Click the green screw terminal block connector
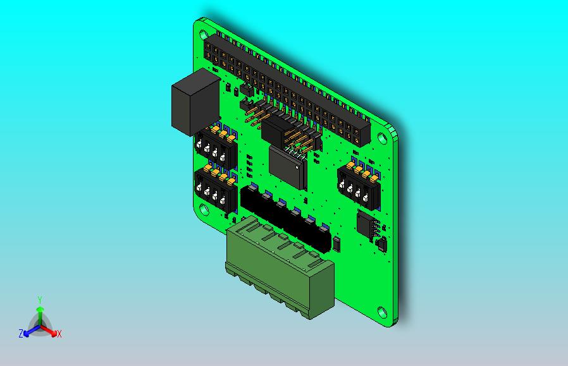[x=278, y=265]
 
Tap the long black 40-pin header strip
[x=285, y=92]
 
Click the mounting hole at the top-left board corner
[x=204, y=30]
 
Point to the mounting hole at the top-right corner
[x=384, y=138]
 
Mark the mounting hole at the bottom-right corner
[x=382, y=312]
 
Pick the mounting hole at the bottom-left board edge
[x=204, y=210]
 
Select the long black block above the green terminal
[x=285, y=218]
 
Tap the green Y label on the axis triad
[x=39, y=300]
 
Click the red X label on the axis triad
[x=59, y=334]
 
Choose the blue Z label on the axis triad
[x=20, y=334]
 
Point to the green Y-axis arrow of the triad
[x=39, y=313]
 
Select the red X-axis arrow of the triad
[x=51, y=331]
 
